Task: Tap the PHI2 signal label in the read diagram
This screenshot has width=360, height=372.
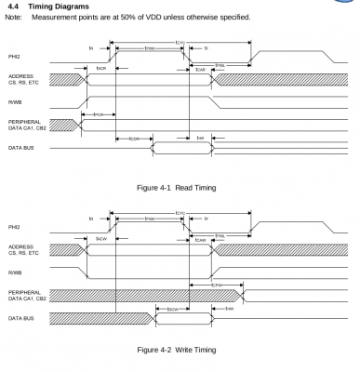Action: coord(15,58)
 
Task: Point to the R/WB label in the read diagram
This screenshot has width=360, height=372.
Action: coord(15,102)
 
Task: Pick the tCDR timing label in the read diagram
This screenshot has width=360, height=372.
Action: coord(134,139)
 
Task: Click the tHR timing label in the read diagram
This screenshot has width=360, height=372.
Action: coord(200,139)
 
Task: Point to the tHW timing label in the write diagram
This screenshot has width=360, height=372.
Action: coord(229,309)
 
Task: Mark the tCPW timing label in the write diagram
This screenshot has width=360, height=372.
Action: coord(216,286)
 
